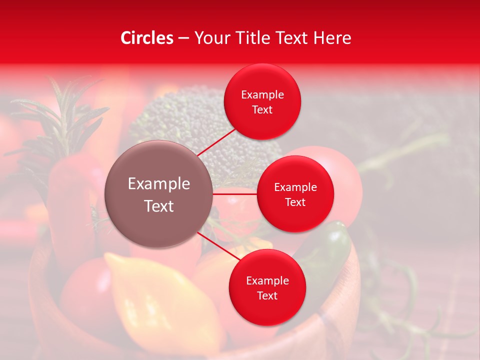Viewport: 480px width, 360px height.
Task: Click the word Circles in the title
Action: coord(146,38)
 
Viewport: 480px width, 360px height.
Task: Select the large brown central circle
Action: coord(159,194)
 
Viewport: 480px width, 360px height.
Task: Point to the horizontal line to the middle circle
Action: coord(235,194)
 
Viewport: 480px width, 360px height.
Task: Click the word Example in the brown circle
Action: coord(159,184)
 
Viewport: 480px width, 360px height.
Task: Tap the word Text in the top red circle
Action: coord(262,109)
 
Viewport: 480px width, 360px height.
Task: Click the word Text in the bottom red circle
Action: coord(267,295)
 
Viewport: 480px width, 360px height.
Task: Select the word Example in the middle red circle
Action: coord(295,187)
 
